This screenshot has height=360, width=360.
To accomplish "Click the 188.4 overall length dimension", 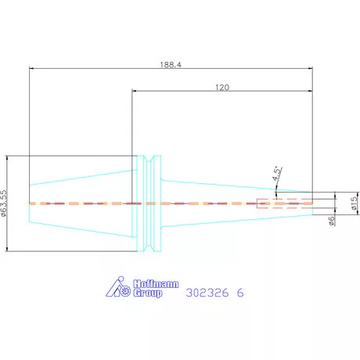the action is (171, 64).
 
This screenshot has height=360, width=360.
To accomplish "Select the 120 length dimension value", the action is (222, 87).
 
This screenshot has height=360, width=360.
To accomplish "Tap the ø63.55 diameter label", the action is (3, 203).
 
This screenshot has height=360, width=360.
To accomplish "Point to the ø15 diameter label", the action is (354, 203).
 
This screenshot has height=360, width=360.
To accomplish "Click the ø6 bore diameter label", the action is (331, 221).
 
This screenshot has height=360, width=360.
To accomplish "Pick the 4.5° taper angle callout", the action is (277, 173).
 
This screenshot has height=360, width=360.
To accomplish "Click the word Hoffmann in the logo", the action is (156, 284).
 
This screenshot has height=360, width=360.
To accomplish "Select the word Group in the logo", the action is (148, 293).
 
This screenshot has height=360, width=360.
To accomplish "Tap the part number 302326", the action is (207, 293).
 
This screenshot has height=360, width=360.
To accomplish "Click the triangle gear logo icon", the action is (118, 286).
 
